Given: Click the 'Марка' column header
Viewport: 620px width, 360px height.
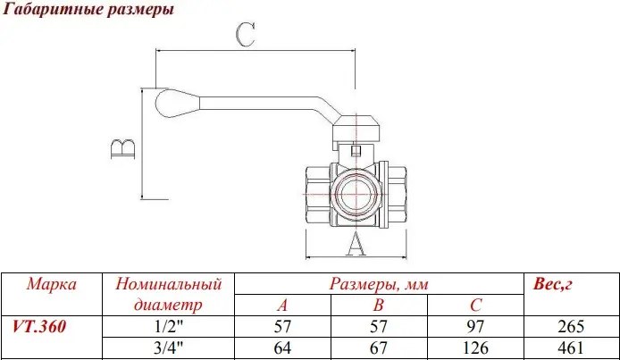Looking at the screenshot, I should coord(51,285).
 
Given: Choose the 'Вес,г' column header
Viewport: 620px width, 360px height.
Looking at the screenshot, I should coord(552,285).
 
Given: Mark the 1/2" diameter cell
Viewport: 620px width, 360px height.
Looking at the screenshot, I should coord(168,327).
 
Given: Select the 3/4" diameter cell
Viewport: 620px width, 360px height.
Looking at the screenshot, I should coord(168,347).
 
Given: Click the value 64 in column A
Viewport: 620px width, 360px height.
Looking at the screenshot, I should coord(281,347).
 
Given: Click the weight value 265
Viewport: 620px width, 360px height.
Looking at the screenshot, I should coord(570,327).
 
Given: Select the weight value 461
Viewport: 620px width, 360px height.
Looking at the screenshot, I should coord(570,347).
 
